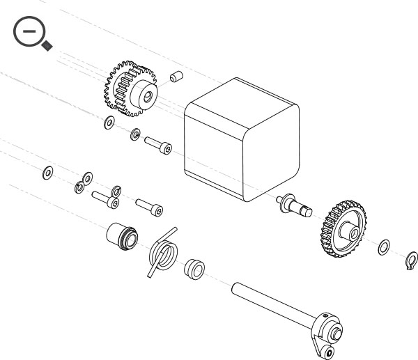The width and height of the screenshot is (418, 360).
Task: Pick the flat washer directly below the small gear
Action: click(109, 125)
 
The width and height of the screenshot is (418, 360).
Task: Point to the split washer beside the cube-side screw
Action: click(135, 133)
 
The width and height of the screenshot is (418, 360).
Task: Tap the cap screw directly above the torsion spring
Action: click(150, 206)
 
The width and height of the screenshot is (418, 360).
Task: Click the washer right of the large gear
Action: click(383, 247)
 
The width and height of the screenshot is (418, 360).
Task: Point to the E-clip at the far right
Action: click(410, 261)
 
